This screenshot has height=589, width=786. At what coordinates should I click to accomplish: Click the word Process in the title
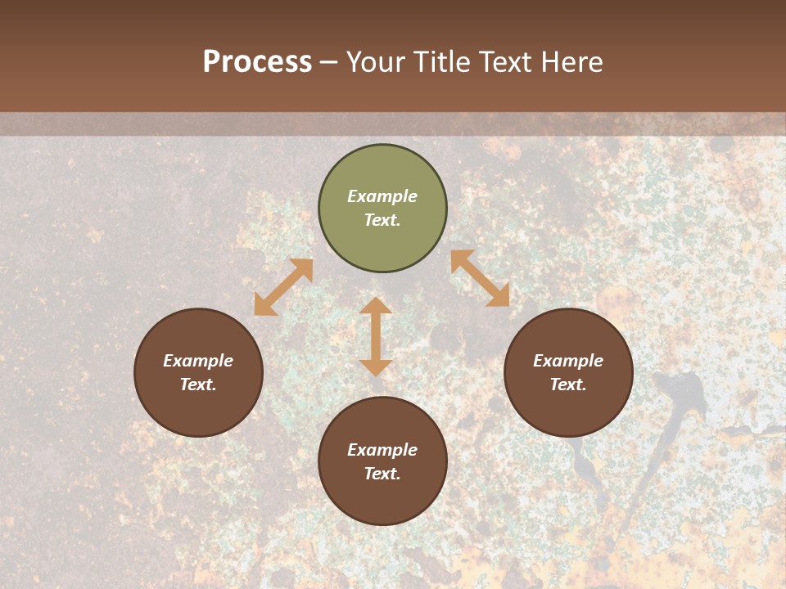(257, 62)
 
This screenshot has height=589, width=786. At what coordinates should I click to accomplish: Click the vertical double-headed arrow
(376, 336)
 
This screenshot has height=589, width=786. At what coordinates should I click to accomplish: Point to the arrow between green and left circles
(283, 287)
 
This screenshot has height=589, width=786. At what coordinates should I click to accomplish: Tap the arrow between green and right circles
(480, 278)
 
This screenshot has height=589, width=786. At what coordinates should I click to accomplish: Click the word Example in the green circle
(382, 196)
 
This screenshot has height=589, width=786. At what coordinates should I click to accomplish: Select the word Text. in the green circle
(382, 220)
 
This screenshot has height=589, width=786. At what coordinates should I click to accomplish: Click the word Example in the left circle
(198, 361)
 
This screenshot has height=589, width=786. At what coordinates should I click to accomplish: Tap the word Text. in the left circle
(198, 384)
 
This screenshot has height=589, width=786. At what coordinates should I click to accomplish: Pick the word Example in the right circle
(568, 361)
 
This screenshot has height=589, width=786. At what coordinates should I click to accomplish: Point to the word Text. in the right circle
(568, 384)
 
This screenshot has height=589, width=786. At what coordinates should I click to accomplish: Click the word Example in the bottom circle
(382, 450)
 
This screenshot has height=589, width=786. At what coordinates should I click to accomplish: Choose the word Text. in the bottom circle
(382, 474)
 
